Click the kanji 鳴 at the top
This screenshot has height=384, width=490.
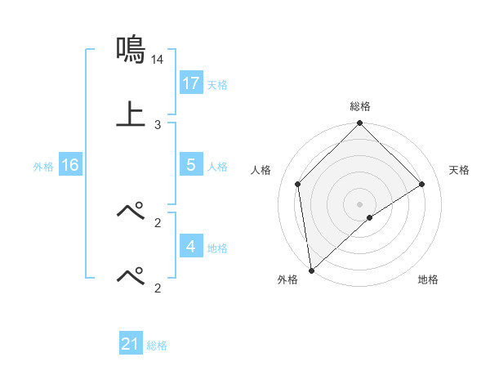pos(131,50)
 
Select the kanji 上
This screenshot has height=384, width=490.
pos(131,114)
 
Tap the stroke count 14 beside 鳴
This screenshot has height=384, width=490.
pos(158,60)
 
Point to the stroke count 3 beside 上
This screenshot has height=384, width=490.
pos(158,124)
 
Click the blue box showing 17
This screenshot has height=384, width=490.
pos(191,83)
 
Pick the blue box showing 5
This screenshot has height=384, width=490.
pos(191,165)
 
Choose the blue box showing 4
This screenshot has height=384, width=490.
pos(191,247)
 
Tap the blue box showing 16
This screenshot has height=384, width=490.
pos(70,165)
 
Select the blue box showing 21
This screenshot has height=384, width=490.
pos(131,344)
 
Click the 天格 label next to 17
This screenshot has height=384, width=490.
pos(217,85)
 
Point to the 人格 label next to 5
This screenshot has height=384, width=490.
pos(217,167)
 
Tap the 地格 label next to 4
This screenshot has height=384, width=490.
pos(217,248)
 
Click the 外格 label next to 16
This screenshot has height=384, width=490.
pos(43,167)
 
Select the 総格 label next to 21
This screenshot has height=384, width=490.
pos(157,346)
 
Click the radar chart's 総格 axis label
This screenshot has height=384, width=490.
pos(360,106)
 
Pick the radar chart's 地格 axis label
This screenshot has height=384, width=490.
pos(428,280)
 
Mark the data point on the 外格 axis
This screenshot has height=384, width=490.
pos(311,270)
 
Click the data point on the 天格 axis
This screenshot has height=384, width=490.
pos(422,184)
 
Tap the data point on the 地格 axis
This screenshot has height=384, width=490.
pos(370,217)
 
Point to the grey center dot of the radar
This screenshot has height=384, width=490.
pos(360,203)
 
